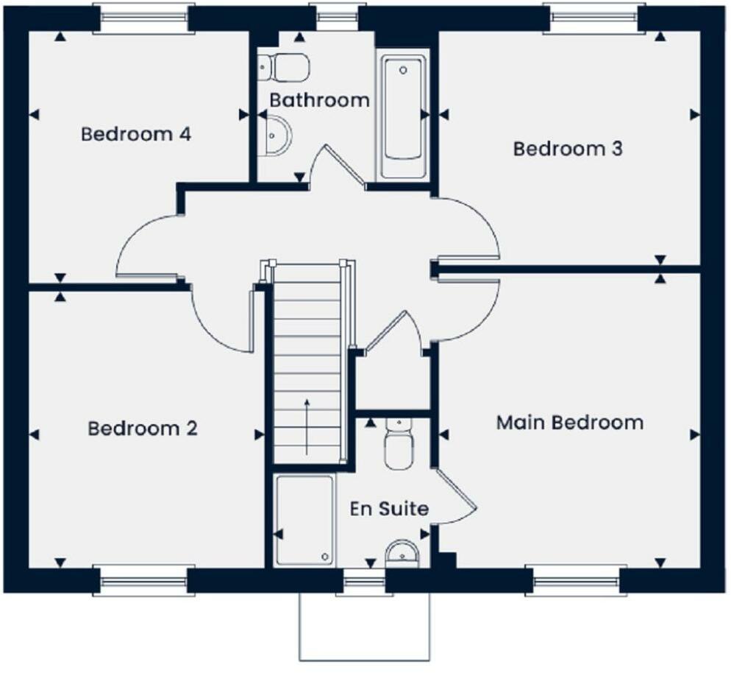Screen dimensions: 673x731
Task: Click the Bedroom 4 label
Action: click(x=136, y=135)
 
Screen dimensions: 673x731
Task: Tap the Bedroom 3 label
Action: click(x=568, y=149)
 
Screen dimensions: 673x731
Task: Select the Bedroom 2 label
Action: click(x=143, y=429)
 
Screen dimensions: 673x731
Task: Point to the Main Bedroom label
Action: click(x=569, y=423)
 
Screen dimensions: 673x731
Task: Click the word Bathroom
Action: click(x=319, y=100)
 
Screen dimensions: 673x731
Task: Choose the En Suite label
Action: click(x=389, y=509)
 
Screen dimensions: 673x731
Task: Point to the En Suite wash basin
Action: click(x=402, y=553)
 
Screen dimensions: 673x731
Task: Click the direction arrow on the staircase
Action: click(x=307, y=427)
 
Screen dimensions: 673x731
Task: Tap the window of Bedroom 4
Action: click(x=144, y=18)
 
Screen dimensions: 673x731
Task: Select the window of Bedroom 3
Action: click(x=593, y=18)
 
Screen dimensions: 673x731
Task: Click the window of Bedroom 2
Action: click(x=144, y=580)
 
